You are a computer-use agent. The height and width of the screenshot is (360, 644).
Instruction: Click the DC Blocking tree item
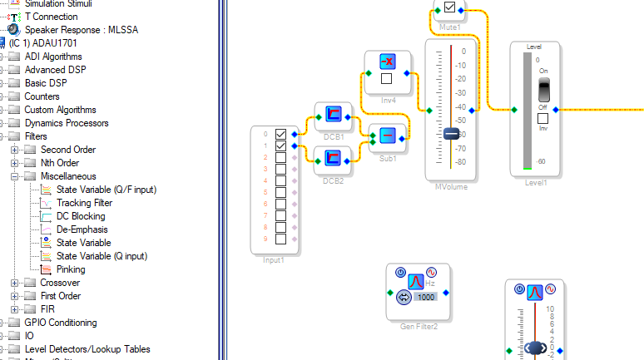[81, 216]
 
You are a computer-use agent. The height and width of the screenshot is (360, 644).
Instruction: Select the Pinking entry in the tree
[71, 269]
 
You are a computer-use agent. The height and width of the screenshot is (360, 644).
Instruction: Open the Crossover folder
[60, 283]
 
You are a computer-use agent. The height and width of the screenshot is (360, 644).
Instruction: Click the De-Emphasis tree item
[82, 229]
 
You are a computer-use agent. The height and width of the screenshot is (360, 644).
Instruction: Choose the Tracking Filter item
[84, 203]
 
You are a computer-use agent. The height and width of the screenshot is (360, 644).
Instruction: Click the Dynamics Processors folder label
[65, 123]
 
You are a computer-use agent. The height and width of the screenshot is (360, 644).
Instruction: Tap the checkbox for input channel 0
[280, 134]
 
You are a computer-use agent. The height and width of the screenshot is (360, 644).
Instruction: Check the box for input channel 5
[280, 204]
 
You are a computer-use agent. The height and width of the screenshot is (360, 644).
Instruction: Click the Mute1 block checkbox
[449, 8]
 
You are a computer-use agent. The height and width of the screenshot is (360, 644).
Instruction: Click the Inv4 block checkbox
[386, 79]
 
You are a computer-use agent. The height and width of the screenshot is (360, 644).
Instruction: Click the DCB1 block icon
[333, 115]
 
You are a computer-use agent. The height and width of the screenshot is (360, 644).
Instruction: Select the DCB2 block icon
[333, 155]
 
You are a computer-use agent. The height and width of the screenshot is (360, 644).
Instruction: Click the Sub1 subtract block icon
[387, 136]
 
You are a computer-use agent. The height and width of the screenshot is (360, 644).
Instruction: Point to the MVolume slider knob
[451, 134]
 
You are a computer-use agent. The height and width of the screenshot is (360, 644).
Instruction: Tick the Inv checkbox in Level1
[542, 118]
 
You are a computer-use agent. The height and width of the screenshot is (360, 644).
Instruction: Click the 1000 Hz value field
[426, 297]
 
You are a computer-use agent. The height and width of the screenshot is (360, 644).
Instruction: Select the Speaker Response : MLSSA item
[81, 30]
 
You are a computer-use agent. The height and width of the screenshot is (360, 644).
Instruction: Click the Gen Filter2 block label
[419, 326]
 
